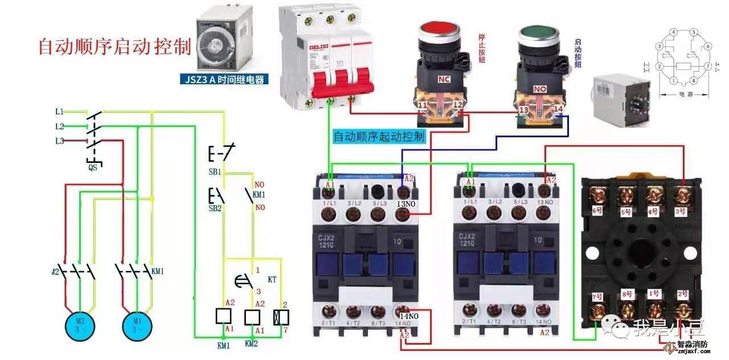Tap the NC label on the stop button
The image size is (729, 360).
click(x=444, y=77)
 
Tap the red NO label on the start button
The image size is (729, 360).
click(x=539, y=89)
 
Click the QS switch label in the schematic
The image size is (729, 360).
click(x=92, y=167)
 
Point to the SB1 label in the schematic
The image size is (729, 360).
click(x=215, y=171)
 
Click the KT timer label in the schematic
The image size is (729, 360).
click(x=272, y=280)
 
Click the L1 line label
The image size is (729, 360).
click(x=60, y=111)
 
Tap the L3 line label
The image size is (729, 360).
click(x=60, y=141)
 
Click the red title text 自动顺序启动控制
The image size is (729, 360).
click(x=114, y=47)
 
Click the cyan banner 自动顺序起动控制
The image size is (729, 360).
click(x=379, y=137)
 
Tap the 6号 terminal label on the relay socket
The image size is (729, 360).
click(x=597, y=210)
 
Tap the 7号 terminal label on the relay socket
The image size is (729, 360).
click(x=597, y=296)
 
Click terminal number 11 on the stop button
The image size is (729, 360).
click(x=422, y=106)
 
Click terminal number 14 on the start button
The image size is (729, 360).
click(x=558, y=108)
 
